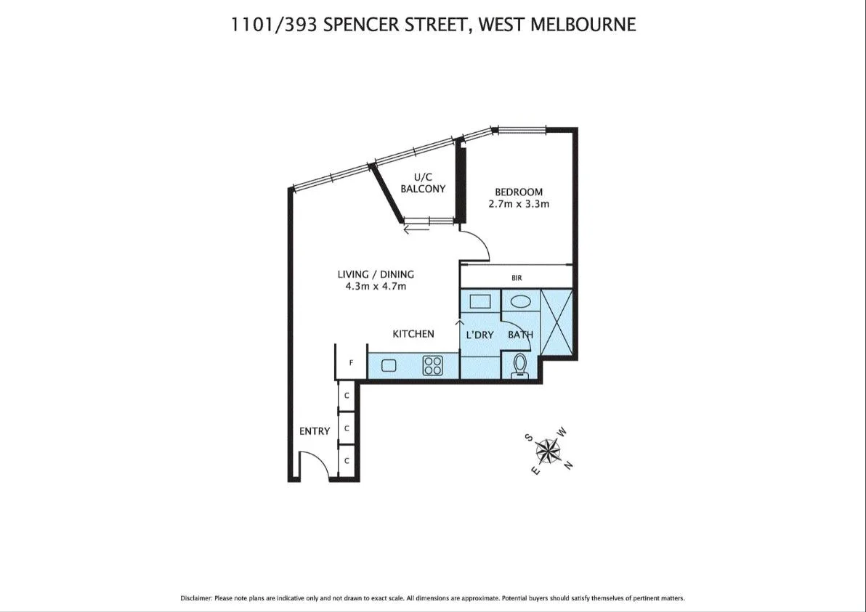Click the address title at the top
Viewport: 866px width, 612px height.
433,25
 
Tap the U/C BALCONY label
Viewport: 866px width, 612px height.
423,183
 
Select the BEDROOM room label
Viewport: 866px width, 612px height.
519,192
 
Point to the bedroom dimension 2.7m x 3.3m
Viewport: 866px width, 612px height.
519,204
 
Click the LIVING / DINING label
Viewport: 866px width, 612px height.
376,274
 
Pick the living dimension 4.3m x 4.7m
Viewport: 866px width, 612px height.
376,286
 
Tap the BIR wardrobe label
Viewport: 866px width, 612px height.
517,278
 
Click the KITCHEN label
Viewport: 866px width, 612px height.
413,334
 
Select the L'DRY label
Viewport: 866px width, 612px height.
479,335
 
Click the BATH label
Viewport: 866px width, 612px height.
520,335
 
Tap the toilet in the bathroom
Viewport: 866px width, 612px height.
520,364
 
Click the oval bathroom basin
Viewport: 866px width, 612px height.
519,301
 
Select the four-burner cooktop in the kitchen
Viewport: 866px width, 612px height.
433,365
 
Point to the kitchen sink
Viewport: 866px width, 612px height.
388,365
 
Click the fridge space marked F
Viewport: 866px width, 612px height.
352,363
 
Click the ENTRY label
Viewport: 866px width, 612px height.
315,431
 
